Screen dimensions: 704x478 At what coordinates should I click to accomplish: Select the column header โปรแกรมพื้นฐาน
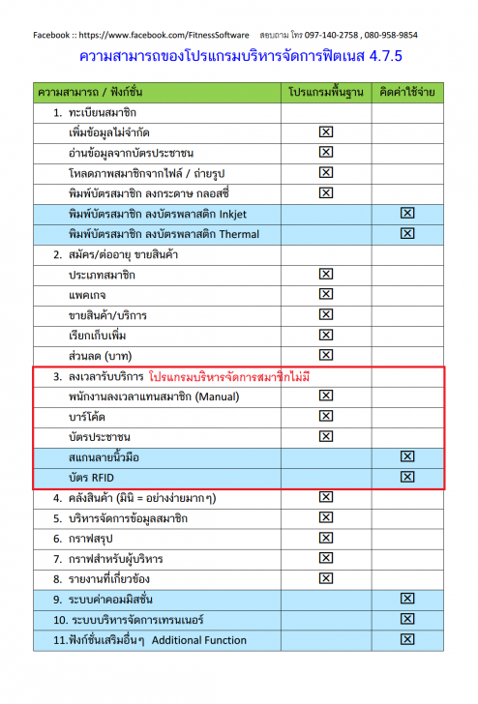[325, 94]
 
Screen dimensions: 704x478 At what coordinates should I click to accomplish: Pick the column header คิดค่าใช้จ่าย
[406, 94]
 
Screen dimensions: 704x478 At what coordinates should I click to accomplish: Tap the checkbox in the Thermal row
[407, 233]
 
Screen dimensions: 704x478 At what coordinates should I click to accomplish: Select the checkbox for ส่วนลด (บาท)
[325, 355]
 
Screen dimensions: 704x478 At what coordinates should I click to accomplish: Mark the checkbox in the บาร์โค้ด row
[325, 416]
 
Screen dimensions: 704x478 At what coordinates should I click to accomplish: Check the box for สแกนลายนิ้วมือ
[407, 456]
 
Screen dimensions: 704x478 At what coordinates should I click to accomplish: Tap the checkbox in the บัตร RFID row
[407, 477]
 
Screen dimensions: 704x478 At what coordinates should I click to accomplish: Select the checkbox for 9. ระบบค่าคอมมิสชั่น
[407, 599]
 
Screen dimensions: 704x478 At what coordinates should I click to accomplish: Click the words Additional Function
[199, 639]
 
